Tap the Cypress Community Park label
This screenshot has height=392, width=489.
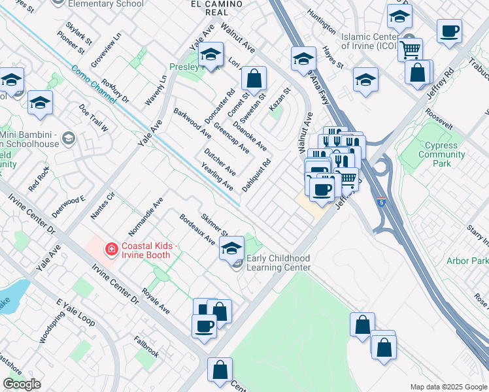point(442,154)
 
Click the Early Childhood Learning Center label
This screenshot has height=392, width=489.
point(278,263)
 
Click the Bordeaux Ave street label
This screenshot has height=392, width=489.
point(197,229)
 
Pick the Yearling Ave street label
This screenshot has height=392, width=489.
point(218,176)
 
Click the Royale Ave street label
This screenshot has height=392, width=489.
point(156,301)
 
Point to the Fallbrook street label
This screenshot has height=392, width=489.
point(146,346)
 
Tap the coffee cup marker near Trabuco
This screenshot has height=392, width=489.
point(450,31)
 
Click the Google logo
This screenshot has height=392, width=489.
point(22,384)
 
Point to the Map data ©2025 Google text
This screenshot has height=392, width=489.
point(448,387)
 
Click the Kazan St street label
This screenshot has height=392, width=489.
point(279,99)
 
